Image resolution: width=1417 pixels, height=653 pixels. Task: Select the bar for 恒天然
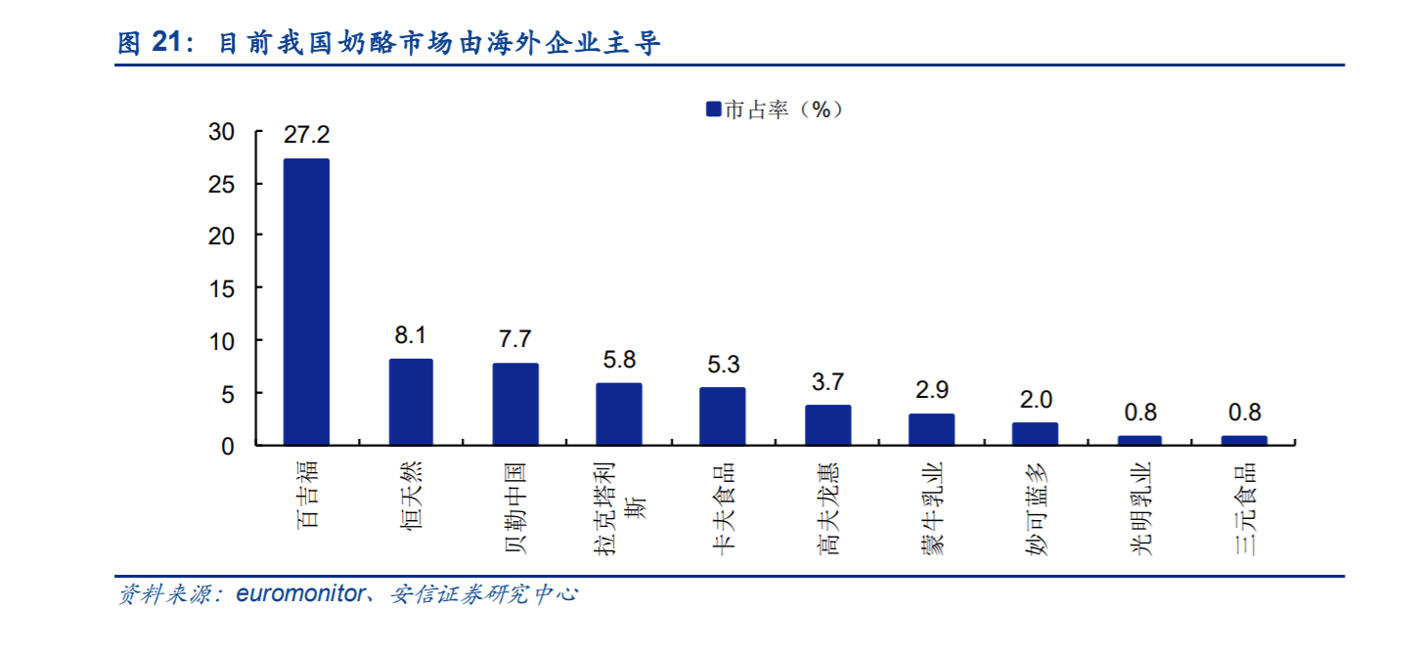[x=411, y=402]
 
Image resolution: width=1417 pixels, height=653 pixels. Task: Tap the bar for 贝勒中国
[x=515, y=404]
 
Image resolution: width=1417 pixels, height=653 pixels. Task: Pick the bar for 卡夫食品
[x=723, y=416]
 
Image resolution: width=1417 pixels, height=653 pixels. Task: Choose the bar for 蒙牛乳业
[x=931, y=429]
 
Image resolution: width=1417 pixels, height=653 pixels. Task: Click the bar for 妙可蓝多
[x=1035, y=434]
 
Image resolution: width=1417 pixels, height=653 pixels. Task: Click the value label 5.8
[x=619, y=360]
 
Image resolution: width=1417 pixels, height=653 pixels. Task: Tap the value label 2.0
[x=1035, y=400]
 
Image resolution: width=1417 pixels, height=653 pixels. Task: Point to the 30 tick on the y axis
[x=222, y=132]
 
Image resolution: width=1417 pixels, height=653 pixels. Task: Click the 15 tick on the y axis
[x=222, y=288]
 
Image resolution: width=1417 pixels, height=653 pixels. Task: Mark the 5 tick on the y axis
[x=228, y=393]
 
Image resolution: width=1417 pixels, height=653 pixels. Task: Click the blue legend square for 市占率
[x=713, y=109]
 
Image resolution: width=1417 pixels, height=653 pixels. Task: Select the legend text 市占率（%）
[x=782, y=109]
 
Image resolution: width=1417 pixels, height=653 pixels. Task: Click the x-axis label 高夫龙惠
[x=827, y=508]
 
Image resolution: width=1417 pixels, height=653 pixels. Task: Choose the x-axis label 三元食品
[x=1244, y=508]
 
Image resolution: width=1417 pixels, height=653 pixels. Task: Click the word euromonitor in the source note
[x=299, y=593]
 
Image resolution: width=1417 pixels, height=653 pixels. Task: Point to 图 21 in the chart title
[x=152, y=44]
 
